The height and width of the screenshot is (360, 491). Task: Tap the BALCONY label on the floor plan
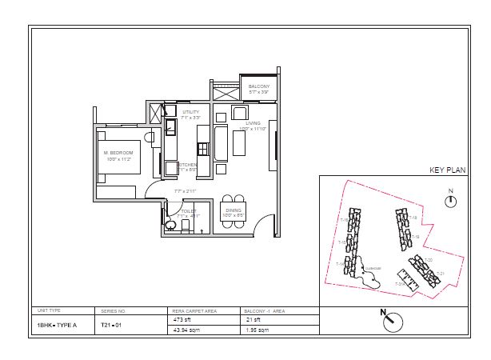258,86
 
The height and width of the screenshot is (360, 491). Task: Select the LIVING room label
253,124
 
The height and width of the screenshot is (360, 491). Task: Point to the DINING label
233,210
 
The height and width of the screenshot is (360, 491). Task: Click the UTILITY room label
190,112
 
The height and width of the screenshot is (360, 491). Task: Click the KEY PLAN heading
447,170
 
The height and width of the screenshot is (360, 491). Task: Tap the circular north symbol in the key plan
450,202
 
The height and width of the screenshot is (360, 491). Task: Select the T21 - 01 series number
111,326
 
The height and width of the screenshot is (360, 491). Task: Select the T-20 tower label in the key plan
428,259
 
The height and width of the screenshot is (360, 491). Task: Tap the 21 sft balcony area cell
253,320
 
